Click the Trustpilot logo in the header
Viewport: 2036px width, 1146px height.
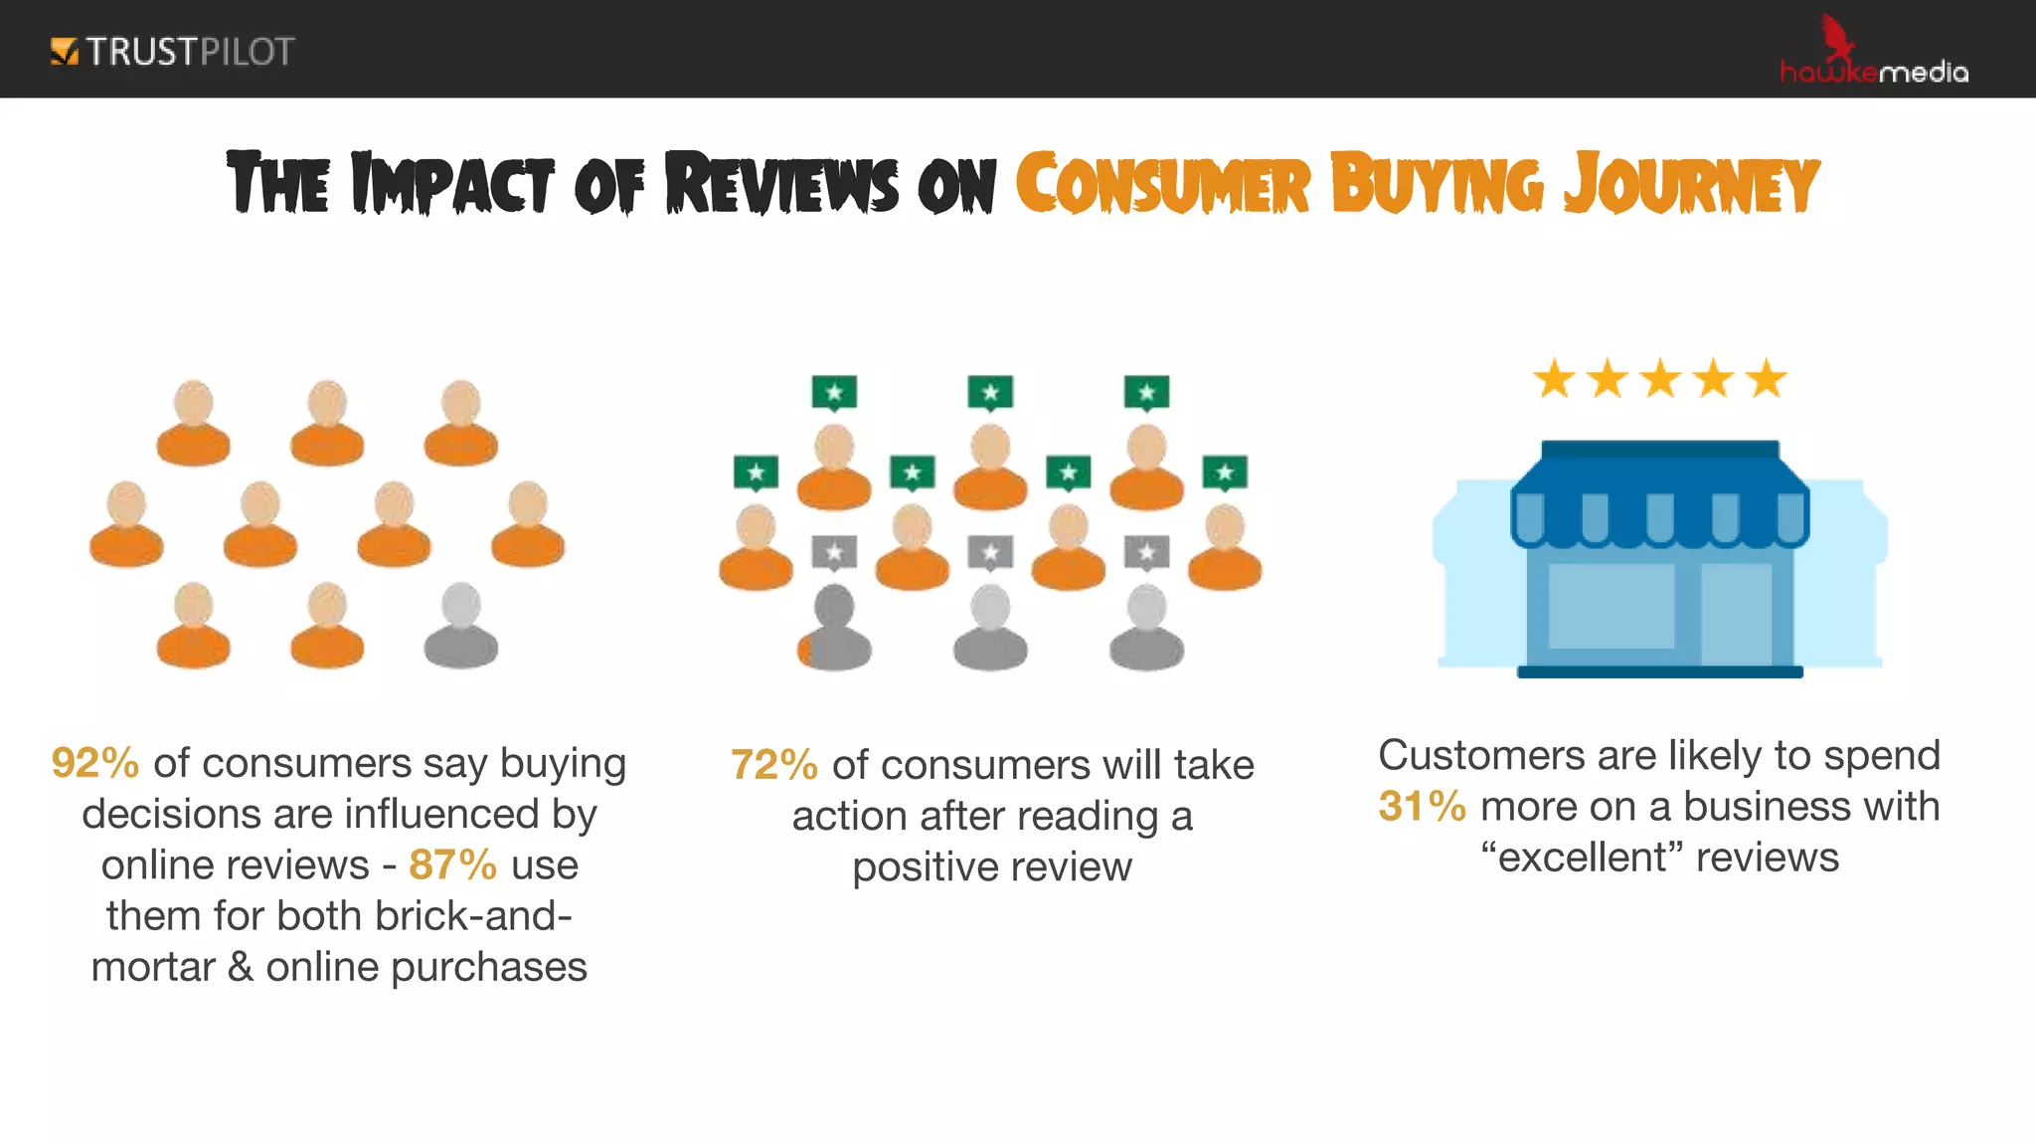click(x=172, y=52)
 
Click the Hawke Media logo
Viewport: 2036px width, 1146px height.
click(x=1873, y=56)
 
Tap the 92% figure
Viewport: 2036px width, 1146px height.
click(x=94, y=764)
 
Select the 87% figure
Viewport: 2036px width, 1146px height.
click(x=452, y=865)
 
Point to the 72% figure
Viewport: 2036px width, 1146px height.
click(x=773, y=766)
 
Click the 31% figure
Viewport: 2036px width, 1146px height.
click(x=1422, y=807)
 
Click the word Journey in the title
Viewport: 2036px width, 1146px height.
click(x=1691, y=184)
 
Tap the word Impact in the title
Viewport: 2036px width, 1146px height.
click(x=452, y=184)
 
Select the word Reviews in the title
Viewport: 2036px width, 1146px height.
click(x=781, y=184)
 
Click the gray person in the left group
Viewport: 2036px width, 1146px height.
click(x=460, y=626)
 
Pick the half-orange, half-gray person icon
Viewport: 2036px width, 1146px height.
click(x=834, y=628)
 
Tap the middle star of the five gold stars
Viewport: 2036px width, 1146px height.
click(x=1660, y=380)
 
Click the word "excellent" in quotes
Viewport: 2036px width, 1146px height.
click(x=1581, y=858)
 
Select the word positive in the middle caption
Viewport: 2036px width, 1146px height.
click(x=922, y=867)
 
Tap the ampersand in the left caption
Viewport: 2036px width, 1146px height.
click(x=241, y=967)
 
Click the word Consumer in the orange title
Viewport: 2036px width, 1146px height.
click(x=1162, y=184)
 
